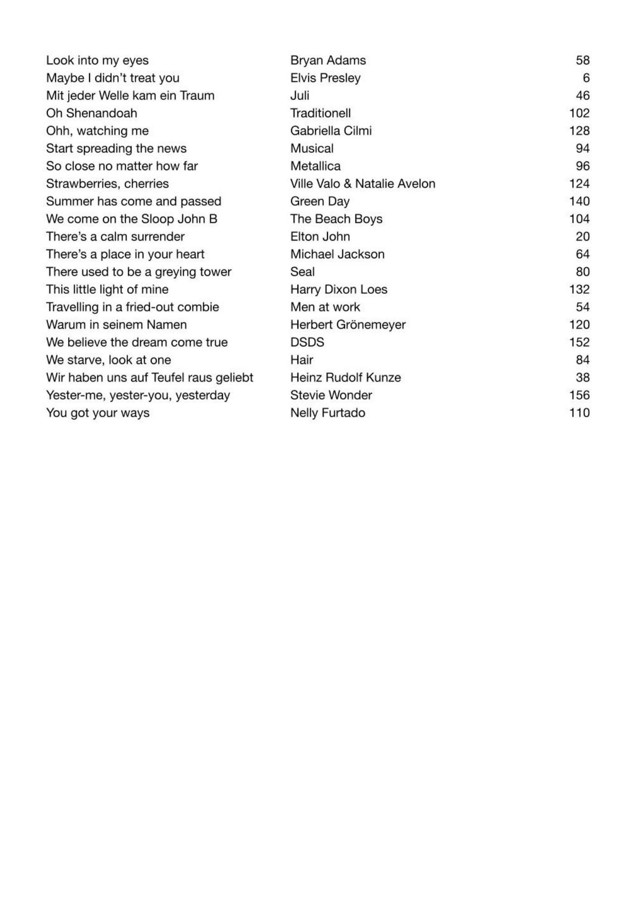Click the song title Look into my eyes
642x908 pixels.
97,60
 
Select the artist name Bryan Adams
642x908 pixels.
328,60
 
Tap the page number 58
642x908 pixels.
583,60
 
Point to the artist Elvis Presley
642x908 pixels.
325,78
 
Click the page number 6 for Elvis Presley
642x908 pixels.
586,78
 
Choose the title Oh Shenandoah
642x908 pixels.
91,113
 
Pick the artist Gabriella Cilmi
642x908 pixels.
331,131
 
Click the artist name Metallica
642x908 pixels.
315,166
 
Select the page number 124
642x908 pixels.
579,184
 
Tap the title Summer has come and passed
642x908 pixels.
133,202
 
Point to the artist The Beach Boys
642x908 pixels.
336,219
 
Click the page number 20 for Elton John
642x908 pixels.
583,237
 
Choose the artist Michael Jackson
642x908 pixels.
337,254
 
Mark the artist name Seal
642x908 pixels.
302,272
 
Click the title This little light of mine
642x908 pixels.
107,290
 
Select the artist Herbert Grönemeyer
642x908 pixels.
348,325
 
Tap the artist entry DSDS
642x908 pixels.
307,342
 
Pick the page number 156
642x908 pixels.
579,395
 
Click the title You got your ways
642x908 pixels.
98,413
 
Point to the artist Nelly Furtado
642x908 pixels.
327,413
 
